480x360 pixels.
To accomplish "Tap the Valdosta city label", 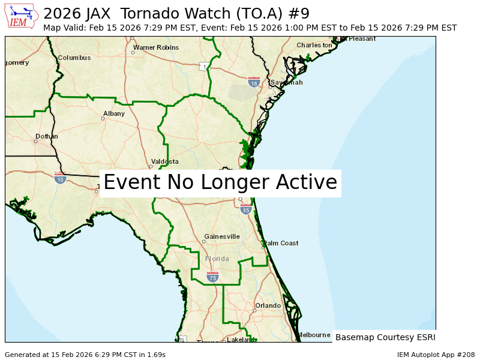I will tap(165, 161).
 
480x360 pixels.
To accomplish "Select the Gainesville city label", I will tap(222, 236).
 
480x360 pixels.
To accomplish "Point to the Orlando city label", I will tap(268, 305).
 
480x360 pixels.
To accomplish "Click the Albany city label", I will tap(114, 113).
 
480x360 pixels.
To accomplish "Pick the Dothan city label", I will tap(47, 136).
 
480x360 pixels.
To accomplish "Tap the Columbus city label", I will tap(74, 58).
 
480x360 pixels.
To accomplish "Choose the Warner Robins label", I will tap(156, 47).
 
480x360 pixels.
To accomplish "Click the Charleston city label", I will tap(314, 45).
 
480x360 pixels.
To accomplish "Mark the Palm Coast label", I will tap(281, 243).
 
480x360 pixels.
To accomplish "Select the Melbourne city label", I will tap(314, 335).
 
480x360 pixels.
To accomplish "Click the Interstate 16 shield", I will tap(254, 82).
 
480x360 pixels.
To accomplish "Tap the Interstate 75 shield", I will tap(212, 277).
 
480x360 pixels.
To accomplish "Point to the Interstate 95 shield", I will tap(245, 209).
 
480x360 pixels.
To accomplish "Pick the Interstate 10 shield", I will tap(60, 178).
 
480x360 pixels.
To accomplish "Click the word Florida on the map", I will tap(217, 259).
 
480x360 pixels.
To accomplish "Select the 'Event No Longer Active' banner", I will tap(220, 182).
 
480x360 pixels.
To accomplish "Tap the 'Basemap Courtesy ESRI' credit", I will tap(385, 337).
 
